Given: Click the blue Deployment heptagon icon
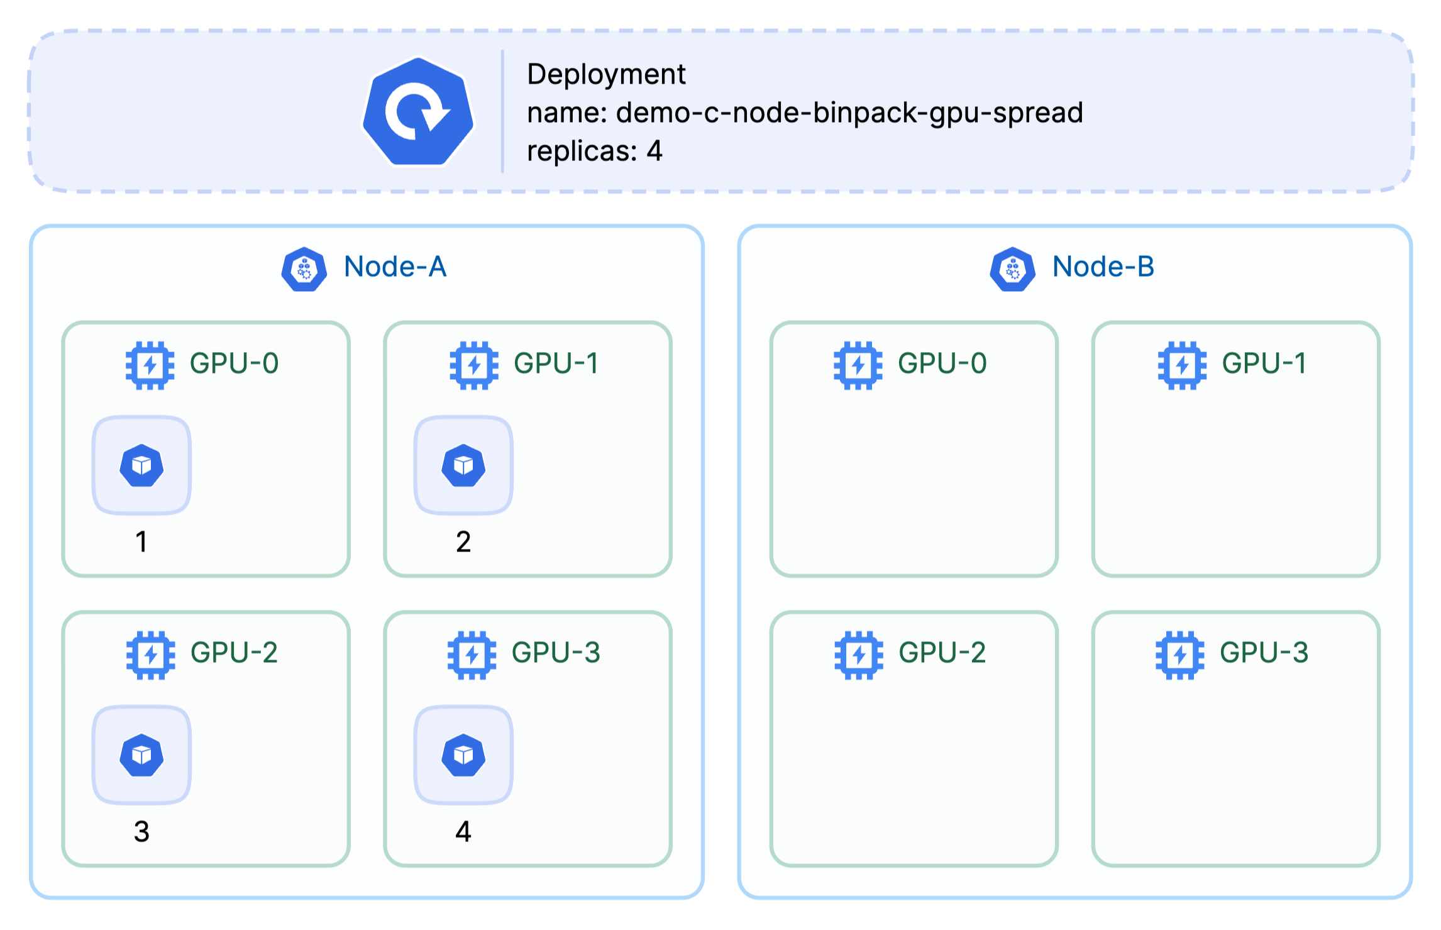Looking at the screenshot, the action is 418,112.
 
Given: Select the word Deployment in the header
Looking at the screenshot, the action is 606,75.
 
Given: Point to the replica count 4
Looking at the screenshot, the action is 654,151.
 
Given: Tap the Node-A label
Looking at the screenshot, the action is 395,267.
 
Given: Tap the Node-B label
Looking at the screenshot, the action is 1103,267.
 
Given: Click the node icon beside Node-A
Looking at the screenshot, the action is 304,269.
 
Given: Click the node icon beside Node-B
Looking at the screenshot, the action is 1013,269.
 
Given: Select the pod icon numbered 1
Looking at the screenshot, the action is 142,465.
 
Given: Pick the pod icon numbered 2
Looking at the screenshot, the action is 463,465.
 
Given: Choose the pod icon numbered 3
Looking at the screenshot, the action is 142,755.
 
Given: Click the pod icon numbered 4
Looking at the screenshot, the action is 463,755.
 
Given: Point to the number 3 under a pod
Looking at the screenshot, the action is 141,831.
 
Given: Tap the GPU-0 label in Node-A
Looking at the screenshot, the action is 234,363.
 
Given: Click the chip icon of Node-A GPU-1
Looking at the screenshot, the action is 474,365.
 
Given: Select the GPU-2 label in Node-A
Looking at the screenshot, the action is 234,653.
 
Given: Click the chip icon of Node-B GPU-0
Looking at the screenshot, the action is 858,365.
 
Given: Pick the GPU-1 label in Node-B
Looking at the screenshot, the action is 1264,363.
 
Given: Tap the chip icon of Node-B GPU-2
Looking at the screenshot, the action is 859,655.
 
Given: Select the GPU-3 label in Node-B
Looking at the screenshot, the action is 1264,653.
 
